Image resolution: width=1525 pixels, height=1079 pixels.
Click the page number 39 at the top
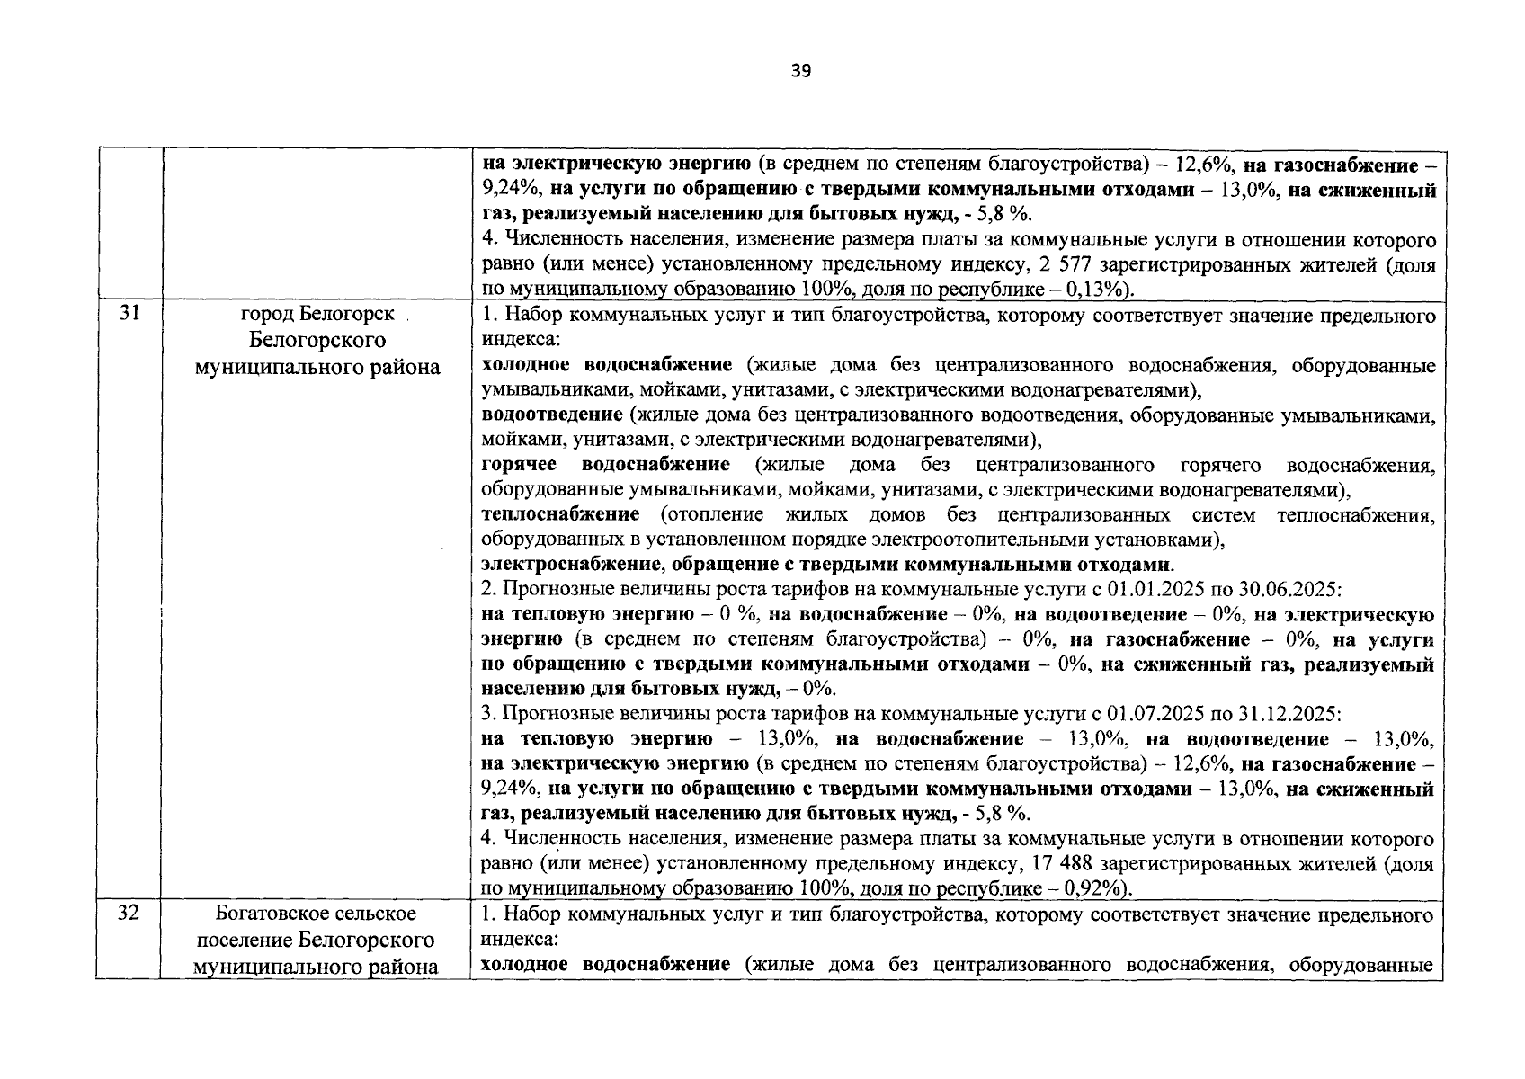(x=801, y=71)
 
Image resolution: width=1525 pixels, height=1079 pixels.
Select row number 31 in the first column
(x=129, y=315)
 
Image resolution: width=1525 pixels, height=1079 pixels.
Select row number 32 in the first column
(x=129, y=914)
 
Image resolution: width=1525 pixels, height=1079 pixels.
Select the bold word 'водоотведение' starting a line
(x=552, y=415)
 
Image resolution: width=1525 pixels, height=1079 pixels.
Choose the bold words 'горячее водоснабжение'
(x=605, y=465)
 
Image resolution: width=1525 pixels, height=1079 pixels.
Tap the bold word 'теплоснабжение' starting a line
(x=560, y=514)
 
